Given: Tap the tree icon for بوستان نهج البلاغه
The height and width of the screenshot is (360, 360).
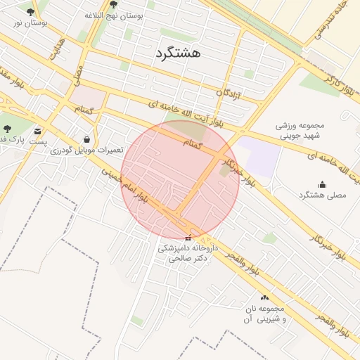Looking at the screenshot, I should [x=113, y=5].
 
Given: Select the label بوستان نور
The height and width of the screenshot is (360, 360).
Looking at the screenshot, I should [x=30, y=22].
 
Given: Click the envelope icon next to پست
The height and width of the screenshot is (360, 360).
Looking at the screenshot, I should [x=37, y=130].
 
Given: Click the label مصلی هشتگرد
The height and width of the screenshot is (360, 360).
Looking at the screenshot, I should [x=323, y=195].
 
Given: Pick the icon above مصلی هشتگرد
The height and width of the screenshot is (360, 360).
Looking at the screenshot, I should [x=323, y=184].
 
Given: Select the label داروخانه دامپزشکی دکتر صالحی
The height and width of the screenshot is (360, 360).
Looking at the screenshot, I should [x=187, y=253].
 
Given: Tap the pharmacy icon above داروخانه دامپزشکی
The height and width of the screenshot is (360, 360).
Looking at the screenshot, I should [x=187, y=238].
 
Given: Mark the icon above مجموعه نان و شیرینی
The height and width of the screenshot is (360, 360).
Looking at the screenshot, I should [x=264, y=297].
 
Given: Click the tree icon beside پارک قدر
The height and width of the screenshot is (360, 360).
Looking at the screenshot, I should [x=7, y=129].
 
